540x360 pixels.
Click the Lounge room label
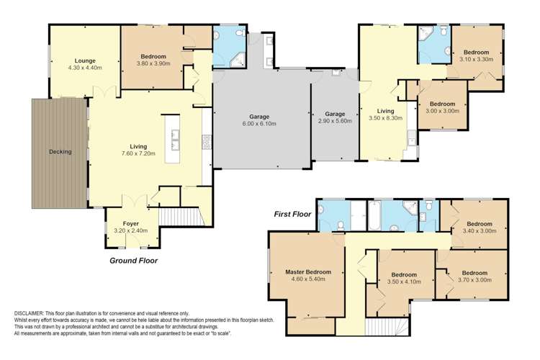(x=85, y=61)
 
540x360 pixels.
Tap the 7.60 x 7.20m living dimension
(x=138, y=153)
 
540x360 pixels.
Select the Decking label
(x=60, y=152)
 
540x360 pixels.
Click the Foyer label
(x=130, y=224)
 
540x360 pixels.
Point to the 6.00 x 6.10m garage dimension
(x=259, y=123)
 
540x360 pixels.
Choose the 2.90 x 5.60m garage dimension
(x=335, y=120)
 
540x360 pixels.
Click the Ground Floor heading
(x=134, y=261)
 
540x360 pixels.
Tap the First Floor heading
(x=292, y=214)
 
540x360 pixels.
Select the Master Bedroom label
(x=308, y=272)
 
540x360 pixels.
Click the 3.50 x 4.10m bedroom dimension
(x=404, y=282)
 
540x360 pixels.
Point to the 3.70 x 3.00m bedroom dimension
(x=475, y=280)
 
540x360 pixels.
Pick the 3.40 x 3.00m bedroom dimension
(x=480, y=230)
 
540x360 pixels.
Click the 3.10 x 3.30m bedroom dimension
(x=477, y=59)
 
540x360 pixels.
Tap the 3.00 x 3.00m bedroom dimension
(x=442, y=111)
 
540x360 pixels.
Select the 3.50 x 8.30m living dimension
(x=385, y=118)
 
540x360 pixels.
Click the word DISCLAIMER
(x=29, y=313)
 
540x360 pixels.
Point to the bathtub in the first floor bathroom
(x=374, y=215)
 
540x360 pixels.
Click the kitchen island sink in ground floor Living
(x=175, y=140)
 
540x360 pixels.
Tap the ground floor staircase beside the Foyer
(x=181, y=216)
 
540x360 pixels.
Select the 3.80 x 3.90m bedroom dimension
(x=153, y=63)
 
